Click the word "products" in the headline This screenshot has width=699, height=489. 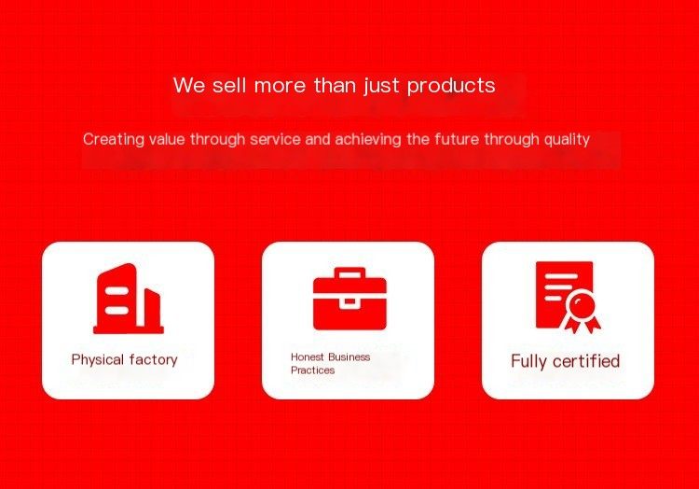point(451,86)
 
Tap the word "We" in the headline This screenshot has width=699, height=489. point(189,85)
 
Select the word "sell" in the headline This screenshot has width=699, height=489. point(228,85)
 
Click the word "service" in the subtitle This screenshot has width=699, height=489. point(275,140)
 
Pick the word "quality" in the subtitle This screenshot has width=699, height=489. point(567,140)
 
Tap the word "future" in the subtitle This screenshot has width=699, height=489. point(457,139)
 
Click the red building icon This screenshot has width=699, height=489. point(129,299)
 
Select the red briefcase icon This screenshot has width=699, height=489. point(349,299)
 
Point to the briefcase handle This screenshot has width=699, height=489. point(349,273)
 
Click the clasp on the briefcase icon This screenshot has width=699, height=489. point(349,302)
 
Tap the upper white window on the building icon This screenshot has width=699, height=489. point(116,291)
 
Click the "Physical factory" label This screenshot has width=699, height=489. point(124,359)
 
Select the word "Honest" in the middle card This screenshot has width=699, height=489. point(308,356)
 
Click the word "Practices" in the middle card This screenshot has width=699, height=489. point(312,370)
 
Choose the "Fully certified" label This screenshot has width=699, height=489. point(566,361)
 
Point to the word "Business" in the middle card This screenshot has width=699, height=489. point(349,356)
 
